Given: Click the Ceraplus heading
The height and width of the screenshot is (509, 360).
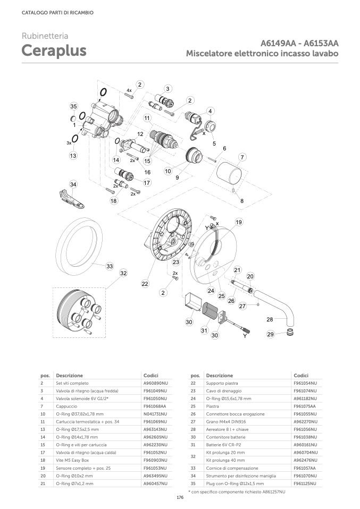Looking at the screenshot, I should pos(54,51).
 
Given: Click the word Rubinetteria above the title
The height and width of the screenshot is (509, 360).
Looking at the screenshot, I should pos(45,36).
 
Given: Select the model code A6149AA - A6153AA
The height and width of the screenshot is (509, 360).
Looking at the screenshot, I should pos(299,44).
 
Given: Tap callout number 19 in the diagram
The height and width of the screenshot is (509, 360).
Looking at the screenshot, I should pos(239,222).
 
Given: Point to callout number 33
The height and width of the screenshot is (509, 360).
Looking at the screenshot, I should pos(110,265).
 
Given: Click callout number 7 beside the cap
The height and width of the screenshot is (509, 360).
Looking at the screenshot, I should pos(242,157).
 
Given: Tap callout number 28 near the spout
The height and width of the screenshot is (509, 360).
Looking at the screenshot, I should pos(270,319).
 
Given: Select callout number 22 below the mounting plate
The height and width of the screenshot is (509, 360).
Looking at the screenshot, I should pos(145,284).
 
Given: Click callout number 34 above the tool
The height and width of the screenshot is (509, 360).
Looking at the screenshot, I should pos(73,184).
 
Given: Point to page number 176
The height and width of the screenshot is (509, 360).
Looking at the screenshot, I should pos(180,497).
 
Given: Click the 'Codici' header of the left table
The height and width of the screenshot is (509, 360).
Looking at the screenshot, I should pos(151,375).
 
